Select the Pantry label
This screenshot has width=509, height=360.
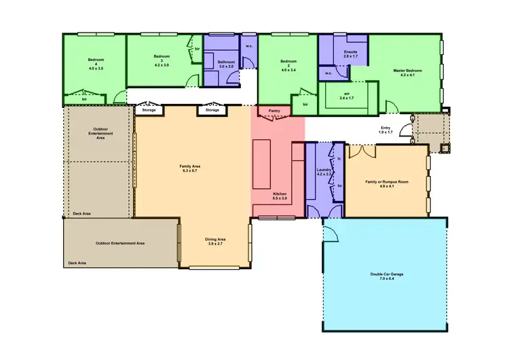[x=274, y=110]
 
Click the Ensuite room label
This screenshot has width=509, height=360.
[x=351, y=54]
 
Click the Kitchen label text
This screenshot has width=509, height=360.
[x=280, y=196]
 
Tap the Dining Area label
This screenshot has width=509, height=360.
[x=215, y=241]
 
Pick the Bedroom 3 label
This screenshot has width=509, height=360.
[x=161, y=60]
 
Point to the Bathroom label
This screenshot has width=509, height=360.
[x=225, y=64]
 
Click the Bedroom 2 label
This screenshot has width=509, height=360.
[x=288, y=67]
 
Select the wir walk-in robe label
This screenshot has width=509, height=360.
[x=347, y=96]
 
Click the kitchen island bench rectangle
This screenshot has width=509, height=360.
[x=262, y=164]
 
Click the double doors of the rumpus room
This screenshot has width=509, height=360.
[x=364, y=151]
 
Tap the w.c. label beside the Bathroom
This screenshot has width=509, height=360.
[x=249, y=47]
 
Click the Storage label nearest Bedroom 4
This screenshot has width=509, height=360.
[x=149, y=110]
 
